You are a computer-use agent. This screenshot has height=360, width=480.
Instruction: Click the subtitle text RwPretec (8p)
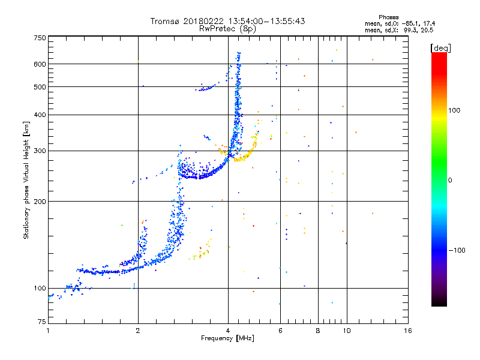tap(227, 29)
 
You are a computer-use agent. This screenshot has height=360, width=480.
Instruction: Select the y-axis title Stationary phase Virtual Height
tap(26, 180)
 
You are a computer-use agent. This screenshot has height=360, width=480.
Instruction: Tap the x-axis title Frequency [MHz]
tap(227, 338)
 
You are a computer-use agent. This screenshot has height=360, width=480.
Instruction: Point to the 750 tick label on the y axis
tap(40, 38)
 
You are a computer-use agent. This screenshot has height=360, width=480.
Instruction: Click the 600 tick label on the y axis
tap(40, 64)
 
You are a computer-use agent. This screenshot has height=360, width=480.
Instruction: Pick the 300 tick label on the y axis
tap(40, 151)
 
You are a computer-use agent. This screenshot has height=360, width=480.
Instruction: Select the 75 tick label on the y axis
tap(42, 322)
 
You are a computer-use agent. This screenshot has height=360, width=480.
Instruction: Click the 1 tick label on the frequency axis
tap(48, 331)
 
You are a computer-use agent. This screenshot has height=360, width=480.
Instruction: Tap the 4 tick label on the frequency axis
tap(228, 331)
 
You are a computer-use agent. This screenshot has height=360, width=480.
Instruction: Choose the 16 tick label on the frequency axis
tap(408, 331)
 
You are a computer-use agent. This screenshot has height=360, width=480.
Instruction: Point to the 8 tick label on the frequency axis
tap(318, 331)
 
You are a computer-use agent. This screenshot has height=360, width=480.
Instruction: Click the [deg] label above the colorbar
tap(440, 48)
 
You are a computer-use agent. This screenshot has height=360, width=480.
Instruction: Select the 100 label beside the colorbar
tap(454, 110)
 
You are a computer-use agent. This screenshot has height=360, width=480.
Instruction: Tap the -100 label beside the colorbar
tap(457, 250)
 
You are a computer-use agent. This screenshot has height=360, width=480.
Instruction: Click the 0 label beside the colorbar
tap(450, 180)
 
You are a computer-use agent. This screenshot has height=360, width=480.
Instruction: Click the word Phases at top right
tap(388, 17)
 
